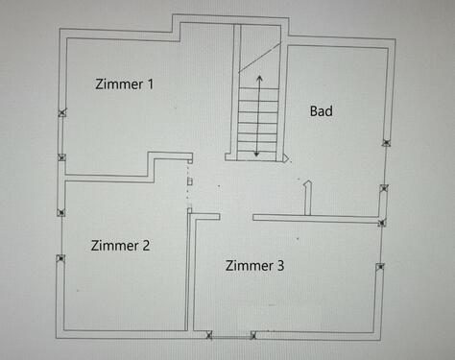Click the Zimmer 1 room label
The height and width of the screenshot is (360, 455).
tap(125, 84)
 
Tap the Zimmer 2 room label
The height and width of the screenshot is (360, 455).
tap(120, 245)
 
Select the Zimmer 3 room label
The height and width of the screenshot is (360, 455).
tap(254, 264)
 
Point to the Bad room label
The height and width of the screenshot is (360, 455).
tap(322, 111)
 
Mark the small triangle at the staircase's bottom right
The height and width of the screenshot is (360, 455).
tap(284, 156)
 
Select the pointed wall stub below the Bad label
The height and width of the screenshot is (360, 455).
tap(308, 197)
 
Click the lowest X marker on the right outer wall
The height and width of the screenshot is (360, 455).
tap(380, 267)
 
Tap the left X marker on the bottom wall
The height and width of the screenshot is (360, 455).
tap(210, 335)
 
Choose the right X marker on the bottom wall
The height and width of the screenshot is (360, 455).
tap(252, 335)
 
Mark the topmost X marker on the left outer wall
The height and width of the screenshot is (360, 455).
tap(62, 113)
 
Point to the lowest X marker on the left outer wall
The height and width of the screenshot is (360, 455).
tap(60, 257)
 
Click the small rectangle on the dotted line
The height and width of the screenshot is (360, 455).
tap(190, 180)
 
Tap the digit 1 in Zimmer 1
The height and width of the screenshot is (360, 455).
tap(149, 84)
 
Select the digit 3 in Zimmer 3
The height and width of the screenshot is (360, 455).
tap(279, 264)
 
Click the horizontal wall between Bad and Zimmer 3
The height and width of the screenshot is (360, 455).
tap(317, 219)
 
